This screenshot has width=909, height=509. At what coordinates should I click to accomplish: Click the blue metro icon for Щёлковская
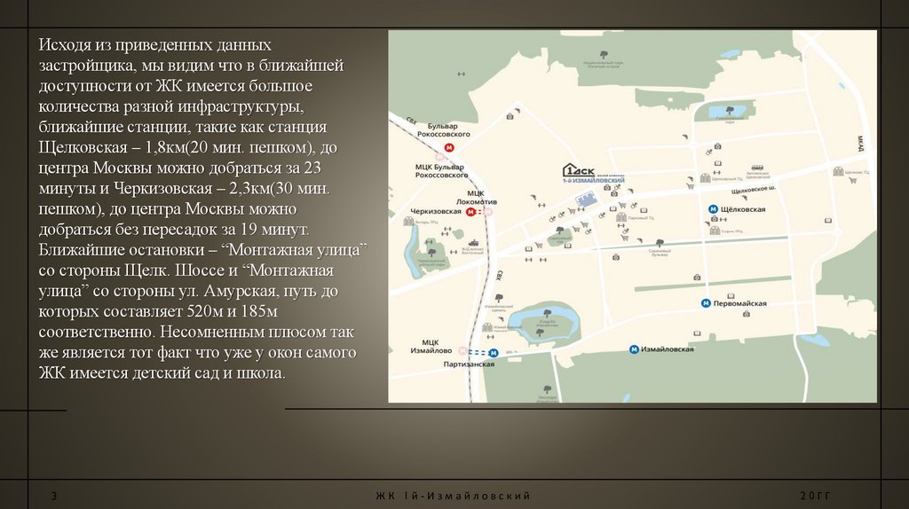713,209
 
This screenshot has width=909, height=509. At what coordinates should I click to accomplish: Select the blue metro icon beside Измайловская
633,349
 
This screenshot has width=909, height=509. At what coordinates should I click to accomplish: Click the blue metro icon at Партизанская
494,352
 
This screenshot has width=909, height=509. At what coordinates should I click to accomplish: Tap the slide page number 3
54,495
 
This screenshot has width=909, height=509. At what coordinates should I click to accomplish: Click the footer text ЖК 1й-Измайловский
453,495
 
